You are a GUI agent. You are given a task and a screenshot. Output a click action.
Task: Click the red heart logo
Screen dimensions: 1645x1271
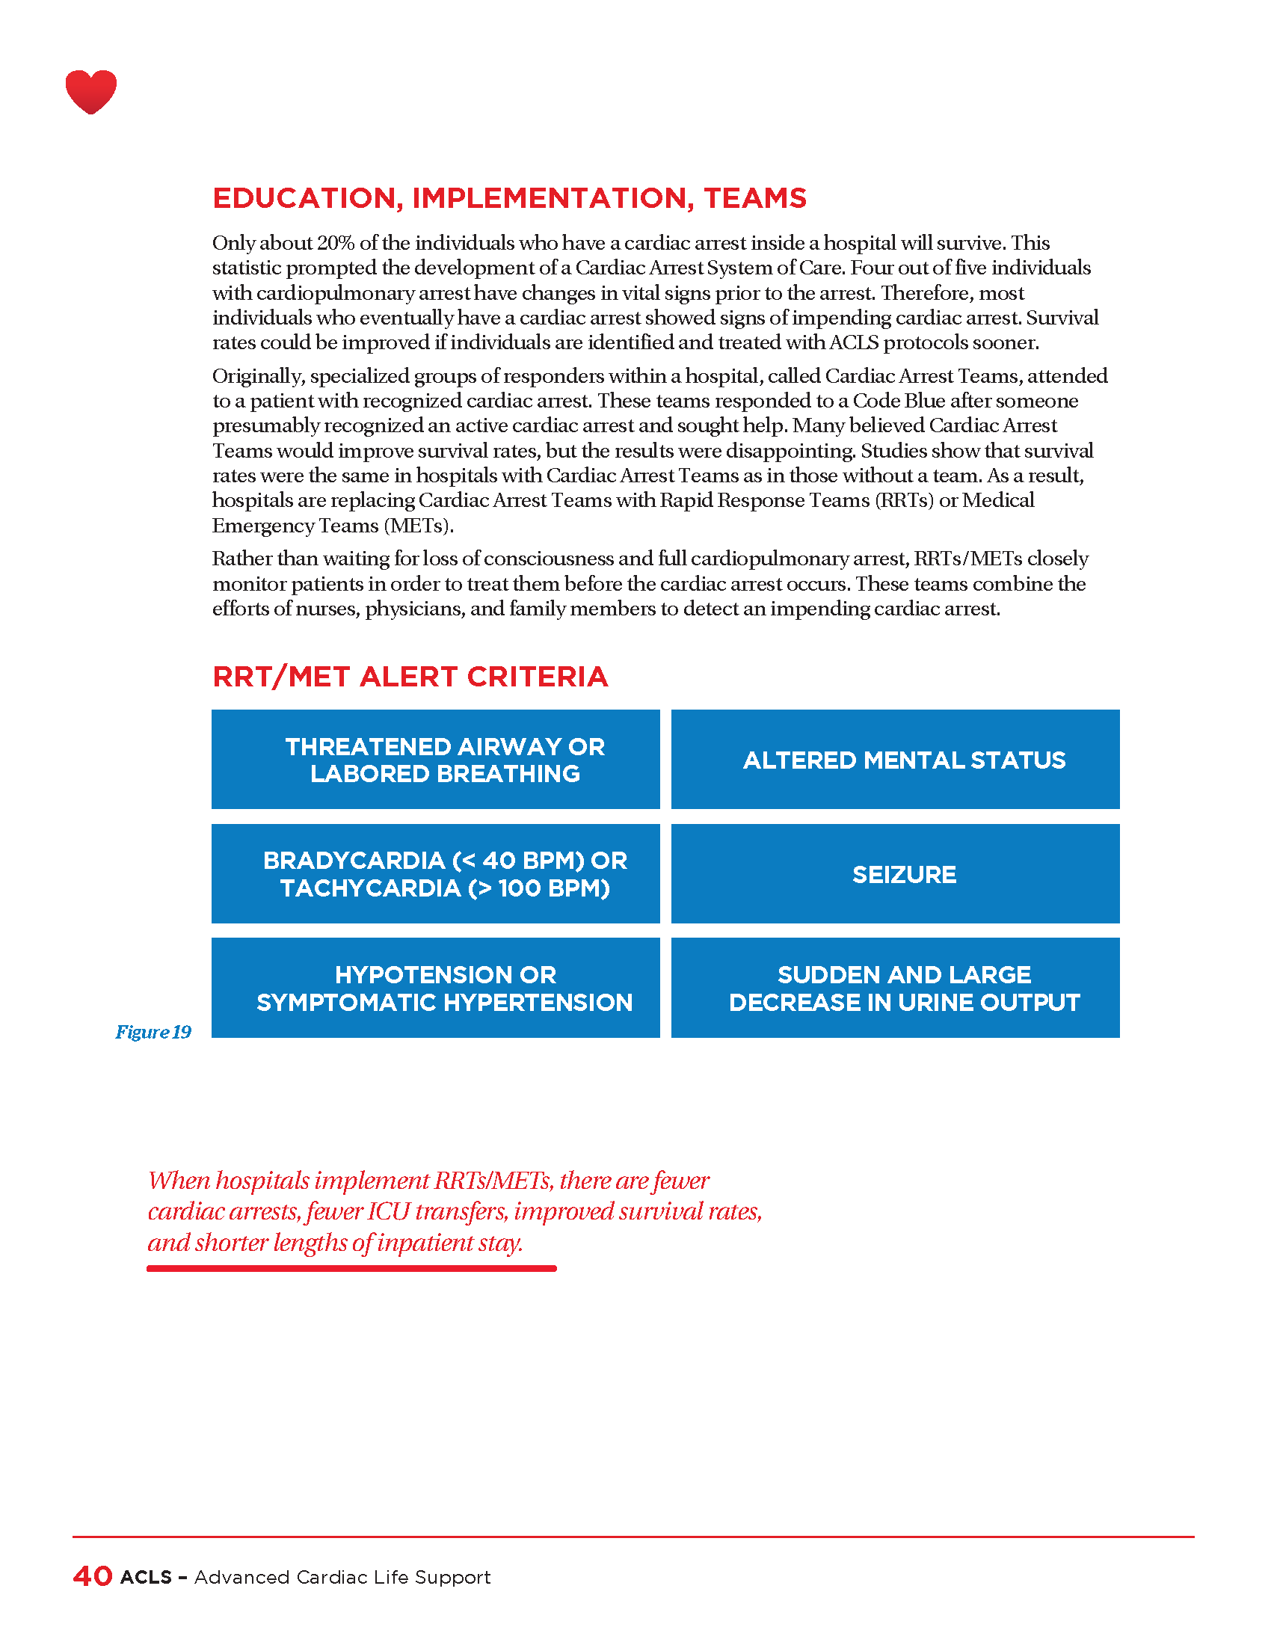tap(91, 91)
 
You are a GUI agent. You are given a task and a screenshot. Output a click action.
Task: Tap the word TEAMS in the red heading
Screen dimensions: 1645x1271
tap(755, 198)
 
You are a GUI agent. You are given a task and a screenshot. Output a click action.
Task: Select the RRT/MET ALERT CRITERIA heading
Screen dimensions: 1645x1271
tap(410, 677)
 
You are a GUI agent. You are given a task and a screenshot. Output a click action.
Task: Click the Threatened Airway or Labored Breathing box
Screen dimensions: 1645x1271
tap(435, 759)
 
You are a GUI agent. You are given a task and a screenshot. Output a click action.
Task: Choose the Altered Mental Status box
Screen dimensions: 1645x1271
tap(895, 759)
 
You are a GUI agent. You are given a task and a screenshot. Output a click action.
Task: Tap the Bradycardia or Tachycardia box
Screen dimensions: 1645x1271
tap(435, 873)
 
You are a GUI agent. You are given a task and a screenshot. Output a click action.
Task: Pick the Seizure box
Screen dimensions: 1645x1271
tap(895, 873)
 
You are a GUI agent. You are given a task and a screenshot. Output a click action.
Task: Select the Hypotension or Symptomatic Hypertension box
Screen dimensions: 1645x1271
tap(435, 988)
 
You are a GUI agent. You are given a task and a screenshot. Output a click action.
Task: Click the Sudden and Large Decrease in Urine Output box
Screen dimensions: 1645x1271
tap(895, 988)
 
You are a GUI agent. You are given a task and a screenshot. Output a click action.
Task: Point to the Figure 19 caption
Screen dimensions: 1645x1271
tap(153, 1032)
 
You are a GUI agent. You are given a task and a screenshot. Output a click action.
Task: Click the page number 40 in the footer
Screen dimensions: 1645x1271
tap(93, 1576)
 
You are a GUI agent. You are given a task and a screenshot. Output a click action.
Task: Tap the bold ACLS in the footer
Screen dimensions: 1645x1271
tap(146, 1577)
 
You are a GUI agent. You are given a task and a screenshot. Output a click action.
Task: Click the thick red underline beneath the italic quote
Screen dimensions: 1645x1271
tap(351, 1268)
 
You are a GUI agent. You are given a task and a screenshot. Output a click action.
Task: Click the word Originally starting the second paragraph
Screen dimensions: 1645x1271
tap(256, 376)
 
